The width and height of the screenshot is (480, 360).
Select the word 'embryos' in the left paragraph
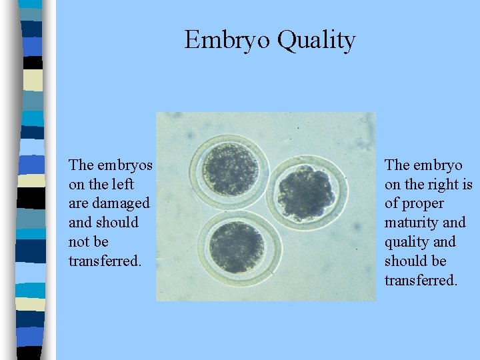pyautogui.click(x=125, y=165)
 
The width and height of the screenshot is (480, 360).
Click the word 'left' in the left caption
pyautogui.click(x=123, y=184)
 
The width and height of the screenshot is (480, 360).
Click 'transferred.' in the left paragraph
pyautogui.click(x=105, y=261)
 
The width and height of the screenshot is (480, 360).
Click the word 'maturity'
pyautogui.click(x=410, y=223)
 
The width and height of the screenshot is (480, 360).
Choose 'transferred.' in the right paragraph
pyautogui.click(x=421, y=280)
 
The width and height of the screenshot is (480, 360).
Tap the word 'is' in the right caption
pyautogui.click(x=466, y=184)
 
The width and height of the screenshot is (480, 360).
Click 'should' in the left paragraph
pyautogui.click(x=117, y=223)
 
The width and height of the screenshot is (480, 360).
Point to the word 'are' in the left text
pyautogui.click(x=79, y=203)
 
